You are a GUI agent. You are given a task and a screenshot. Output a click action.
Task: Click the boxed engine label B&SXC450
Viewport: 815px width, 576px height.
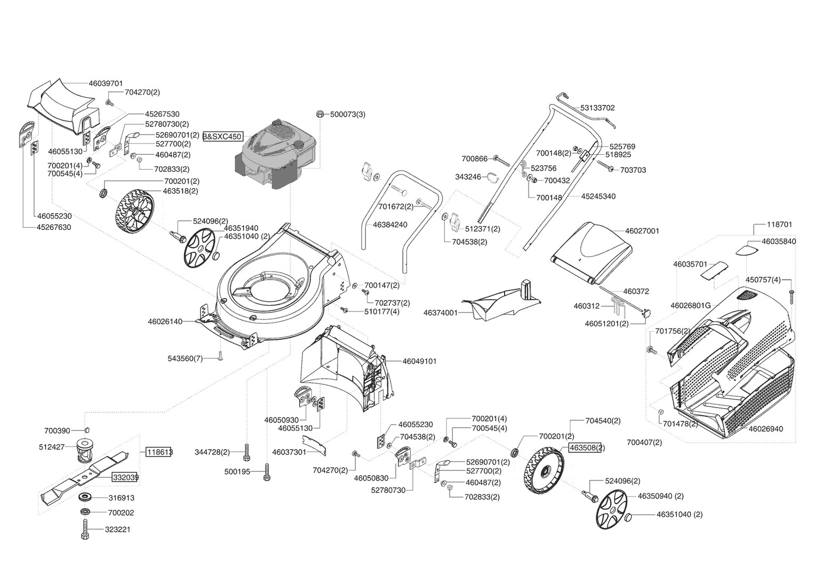click(x=222, y=137)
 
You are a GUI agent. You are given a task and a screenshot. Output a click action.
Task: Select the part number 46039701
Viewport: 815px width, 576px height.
click(x=106, y=83)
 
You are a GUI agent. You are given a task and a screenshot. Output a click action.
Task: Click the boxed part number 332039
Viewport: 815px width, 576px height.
click(x=125, y=477)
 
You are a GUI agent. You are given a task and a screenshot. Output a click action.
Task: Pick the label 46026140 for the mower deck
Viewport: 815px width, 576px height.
click(x=165, y=322)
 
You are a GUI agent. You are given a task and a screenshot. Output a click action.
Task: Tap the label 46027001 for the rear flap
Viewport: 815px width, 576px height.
click(x=642, y=231)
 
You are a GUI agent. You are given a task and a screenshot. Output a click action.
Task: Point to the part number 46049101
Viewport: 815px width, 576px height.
click(x=419, y=361)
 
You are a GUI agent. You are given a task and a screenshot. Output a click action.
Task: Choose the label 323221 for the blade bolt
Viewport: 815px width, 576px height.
click(x=119, y=530)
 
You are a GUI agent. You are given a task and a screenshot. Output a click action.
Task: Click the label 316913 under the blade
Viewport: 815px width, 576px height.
click(x=121, y=498)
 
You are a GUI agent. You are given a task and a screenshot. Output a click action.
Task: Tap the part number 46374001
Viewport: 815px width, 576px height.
click(x=440, y=313)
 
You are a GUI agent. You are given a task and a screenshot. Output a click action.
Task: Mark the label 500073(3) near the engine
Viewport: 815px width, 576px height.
click(x=348, y=114)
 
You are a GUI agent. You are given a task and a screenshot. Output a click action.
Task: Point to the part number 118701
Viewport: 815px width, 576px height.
click(x=779, y=225)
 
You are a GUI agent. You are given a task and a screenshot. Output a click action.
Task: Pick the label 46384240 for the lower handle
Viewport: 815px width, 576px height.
click(x=390, y=225)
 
